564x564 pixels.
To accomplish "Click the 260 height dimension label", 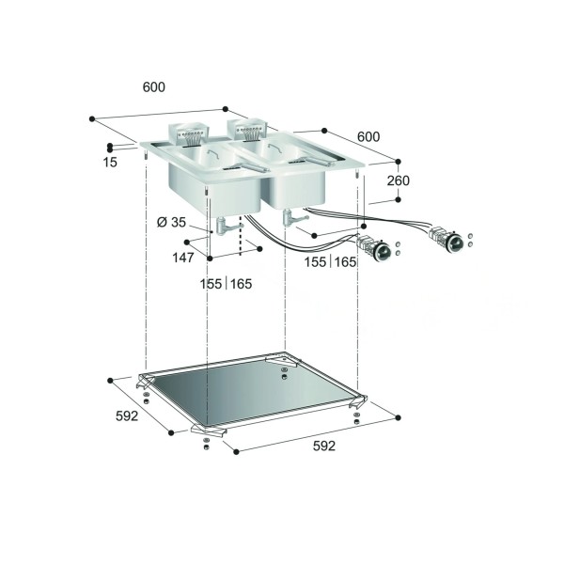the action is click(x=399, y=180).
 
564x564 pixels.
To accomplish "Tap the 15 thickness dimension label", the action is click(x=110, y=163).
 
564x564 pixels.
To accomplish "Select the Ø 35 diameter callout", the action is click(x=171, y=222).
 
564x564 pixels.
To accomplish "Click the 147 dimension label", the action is click(x=183, y=258).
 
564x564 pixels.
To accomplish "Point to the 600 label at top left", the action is click(x=154, y=87).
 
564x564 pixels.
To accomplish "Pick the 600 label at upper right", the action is click(x=368, y=136).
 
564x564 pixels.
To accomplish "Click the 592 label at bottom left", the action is click(x=127, y=415).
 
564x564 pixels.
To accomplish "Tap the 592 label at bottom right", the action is click(x=324, y=446).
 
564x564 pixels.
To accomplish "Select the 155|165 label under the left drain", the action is click(x=226, y=284).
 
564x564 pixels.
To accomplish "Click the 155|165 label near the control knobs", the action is click(x=330, y=262).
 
